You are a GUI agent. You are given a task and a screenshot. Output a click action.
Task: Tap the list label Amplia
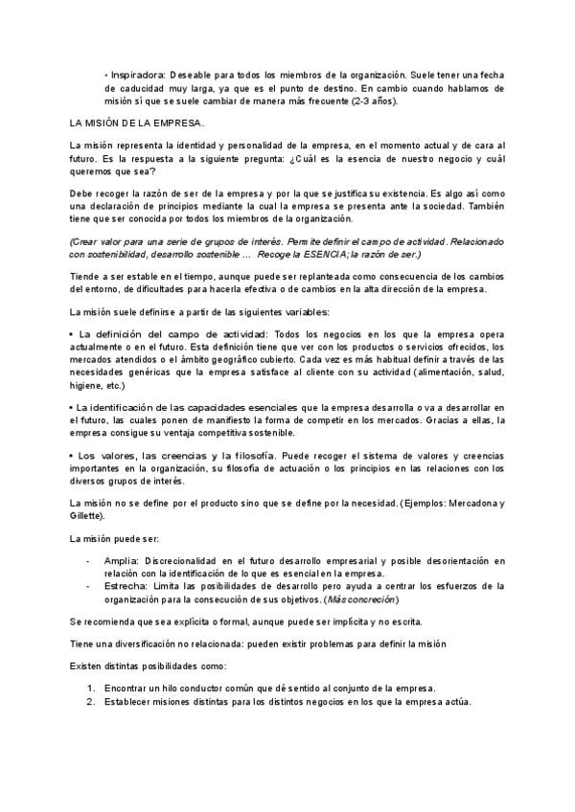pos(122,559)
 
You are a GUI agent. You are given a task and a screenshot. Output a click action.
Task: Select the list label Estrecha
pos(126,586)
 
